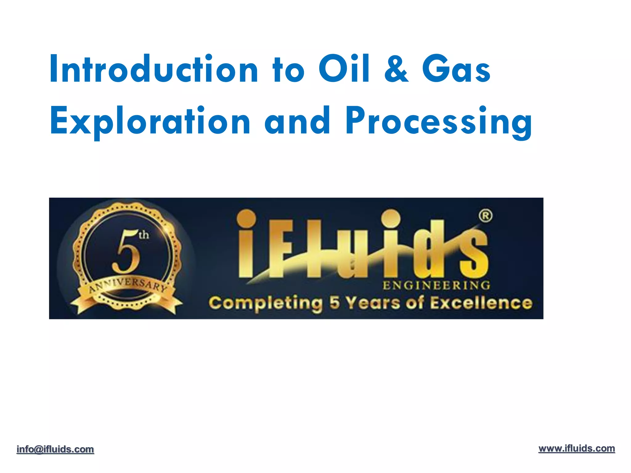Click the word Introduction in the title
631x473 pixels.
(153, 69)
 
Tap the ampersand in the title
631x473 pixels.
(396, 70)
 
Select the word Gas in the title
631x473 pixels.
(456, 70)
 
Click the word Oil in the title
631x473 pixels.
(344, 69)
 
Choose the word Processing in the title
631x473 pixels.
(439, 122)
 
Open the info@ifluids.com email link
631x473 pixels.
(55, 449)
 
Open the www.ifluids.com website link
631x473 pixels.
(576, 449)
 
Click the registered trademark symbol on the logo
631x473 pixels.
(486, 216)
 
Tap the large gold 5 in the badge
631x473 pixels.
(126, 253)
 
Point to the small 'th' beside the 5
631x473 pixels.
(144, 235)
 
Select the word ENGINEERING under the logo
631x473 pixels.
(436, 285)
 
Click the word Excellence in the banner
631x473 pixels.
(481, 303)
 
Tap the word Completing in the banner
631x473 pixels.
(266, 303)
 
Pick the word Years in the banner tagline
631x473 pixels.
(372, 303)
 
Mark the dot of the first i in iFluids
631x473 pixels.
(246, 218)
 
